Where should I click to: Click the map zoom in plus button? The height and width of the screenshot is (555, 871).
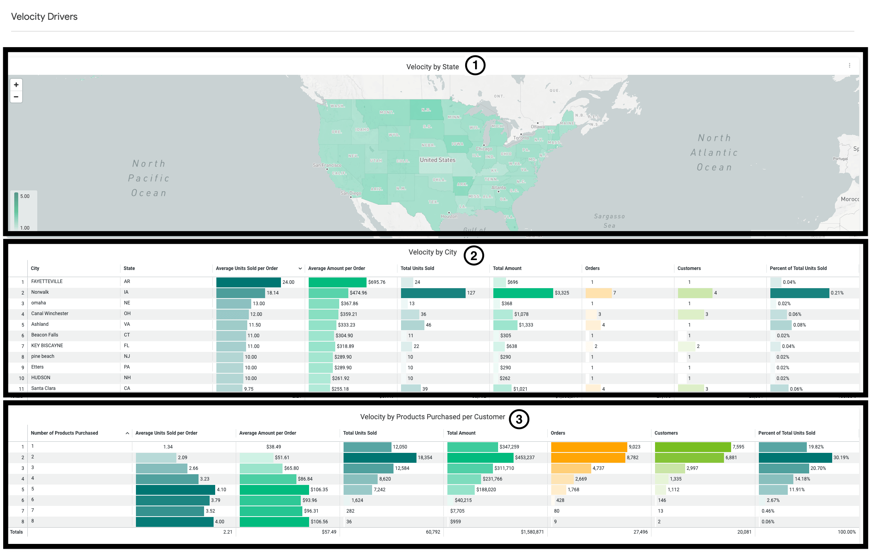[16, 85]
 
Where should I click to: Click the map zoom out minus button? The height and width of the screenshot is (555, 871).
[16, 97]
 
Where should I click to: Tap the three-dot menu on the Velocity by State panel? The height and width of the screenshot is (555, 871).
[849, 65]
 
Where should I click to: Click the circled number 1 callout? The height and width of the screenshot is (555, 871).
[475, 66]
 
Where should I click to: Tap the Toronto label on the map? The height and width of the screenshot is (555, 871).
[521, 138]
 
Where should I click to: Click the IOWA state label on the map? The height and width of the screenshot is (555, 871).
[457, 144]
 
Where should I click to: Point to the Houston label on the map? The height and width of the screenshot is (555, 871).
[449, 217]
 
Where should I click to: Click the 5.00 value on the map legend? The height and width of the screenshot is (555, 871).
[25, 196]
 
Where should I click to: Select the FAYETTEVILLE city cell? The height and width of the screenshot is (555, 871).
[47, 281]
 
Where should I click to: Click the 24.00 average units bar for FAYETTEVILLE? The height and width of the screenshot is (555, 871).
[248, 282]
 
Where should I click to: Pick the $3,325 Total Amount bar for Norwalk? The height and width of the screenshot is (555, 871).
[523, 293]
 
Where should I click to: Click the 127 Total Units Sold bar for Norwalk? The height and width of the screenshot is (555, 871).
[433, 293]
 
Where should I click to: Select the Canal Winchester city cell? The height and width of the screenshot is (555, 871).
[50, 314]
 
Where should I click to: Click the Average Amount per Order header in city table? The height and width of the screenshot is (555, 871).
[336, 268]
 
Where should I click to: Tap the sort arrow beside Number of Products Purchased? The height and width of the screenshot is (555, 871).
[127, 433]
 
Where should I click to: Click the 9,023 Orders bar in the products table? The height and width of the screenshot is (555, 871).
[589, 447]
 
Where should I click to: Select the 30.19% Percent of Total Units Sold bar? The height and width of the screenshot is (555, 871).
[795, 458]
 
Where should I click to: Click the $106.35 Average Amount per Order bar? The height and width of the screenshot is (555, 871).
[274, 490]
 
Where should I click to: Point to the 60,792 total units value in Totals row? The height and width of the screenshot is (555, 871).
[433, 532]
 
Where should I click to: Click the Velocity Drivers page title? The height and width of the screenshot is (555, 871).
[44, 17]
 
